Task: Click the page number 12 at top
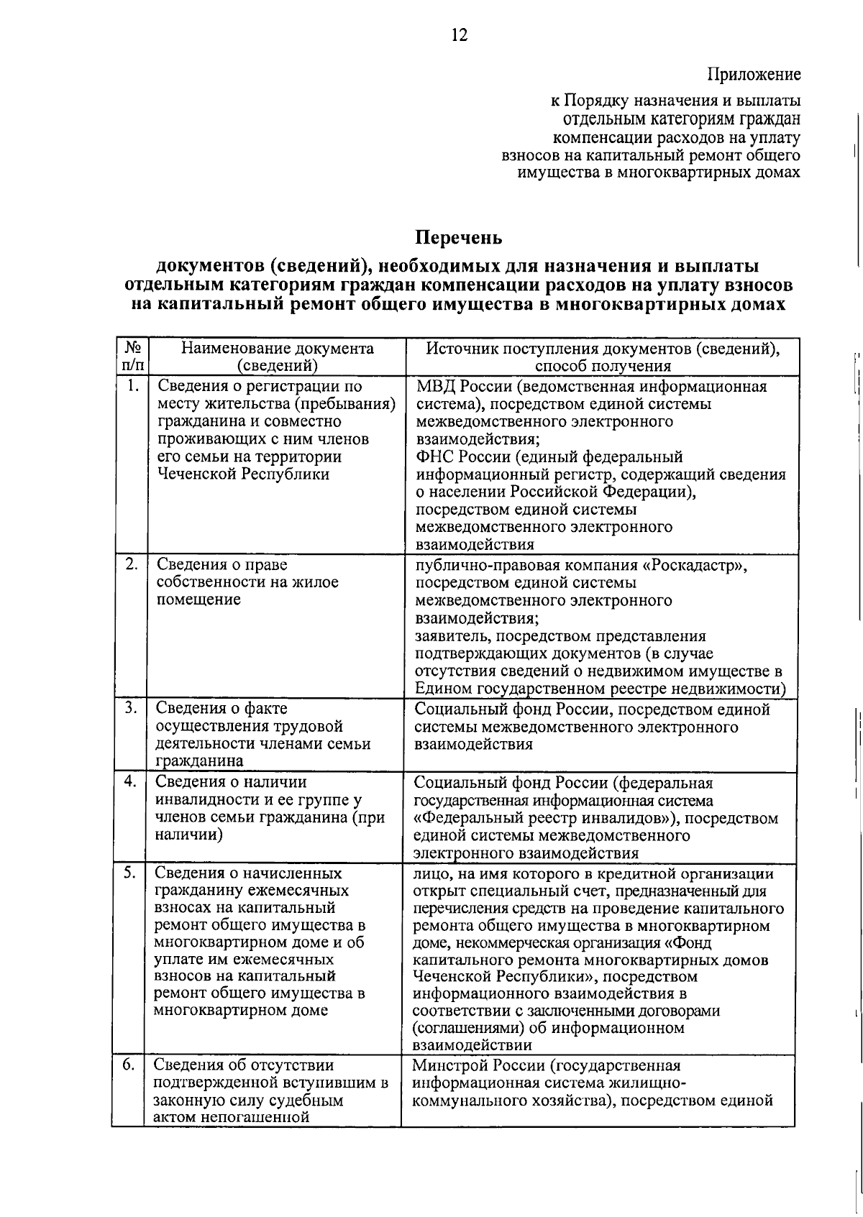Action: (460, 35)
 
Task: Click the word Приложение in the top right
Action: (754, 75)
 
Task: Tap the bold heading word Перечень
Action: (459, 237)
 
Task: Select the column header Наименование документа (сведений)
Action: (277, 357)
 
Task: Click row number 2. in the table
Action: (131, 564)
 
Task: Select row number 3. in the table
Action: (131, 708)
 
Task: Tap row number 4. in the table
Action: (131, 782)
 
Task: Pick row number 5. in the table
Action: (131, 873)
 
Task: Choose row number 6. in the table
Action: (129, 1065)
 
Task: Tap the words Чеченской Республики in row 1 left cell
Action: (243, 474)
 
